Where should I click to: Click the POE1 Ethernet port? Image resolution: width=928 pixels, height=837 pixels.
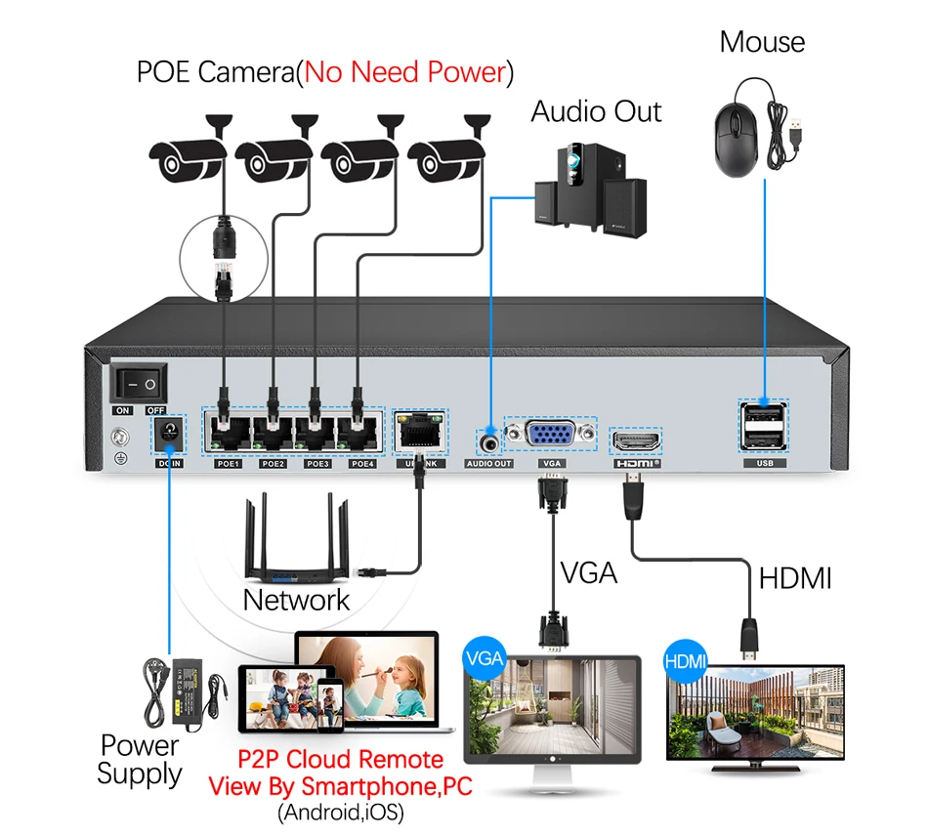228,432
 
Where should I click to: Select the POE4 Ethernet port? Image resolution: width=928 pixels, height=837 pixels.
360,432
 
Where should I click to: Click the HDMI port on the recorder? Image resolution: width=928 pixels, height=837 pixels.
636,440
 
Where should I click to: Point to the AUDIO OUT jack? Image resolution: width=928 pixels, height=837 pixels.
489,439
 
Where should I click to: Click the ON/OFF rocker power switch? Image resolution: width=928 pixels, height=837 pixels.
139,384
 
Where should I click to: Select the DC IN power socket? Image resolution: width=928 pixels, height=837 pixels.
169,434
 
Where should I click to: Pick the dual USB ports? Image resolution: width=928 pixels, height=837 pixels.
763,426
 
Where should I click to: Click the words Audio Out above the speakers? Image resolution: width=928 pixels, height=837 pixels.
596,111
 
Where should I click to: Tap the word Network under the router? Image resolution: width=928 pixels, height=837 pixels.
296,599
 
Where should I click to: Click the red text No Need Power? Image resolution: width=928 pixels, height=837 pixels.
404,71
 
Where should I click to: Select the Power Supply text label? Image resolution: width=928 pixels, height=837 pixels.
140,759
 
